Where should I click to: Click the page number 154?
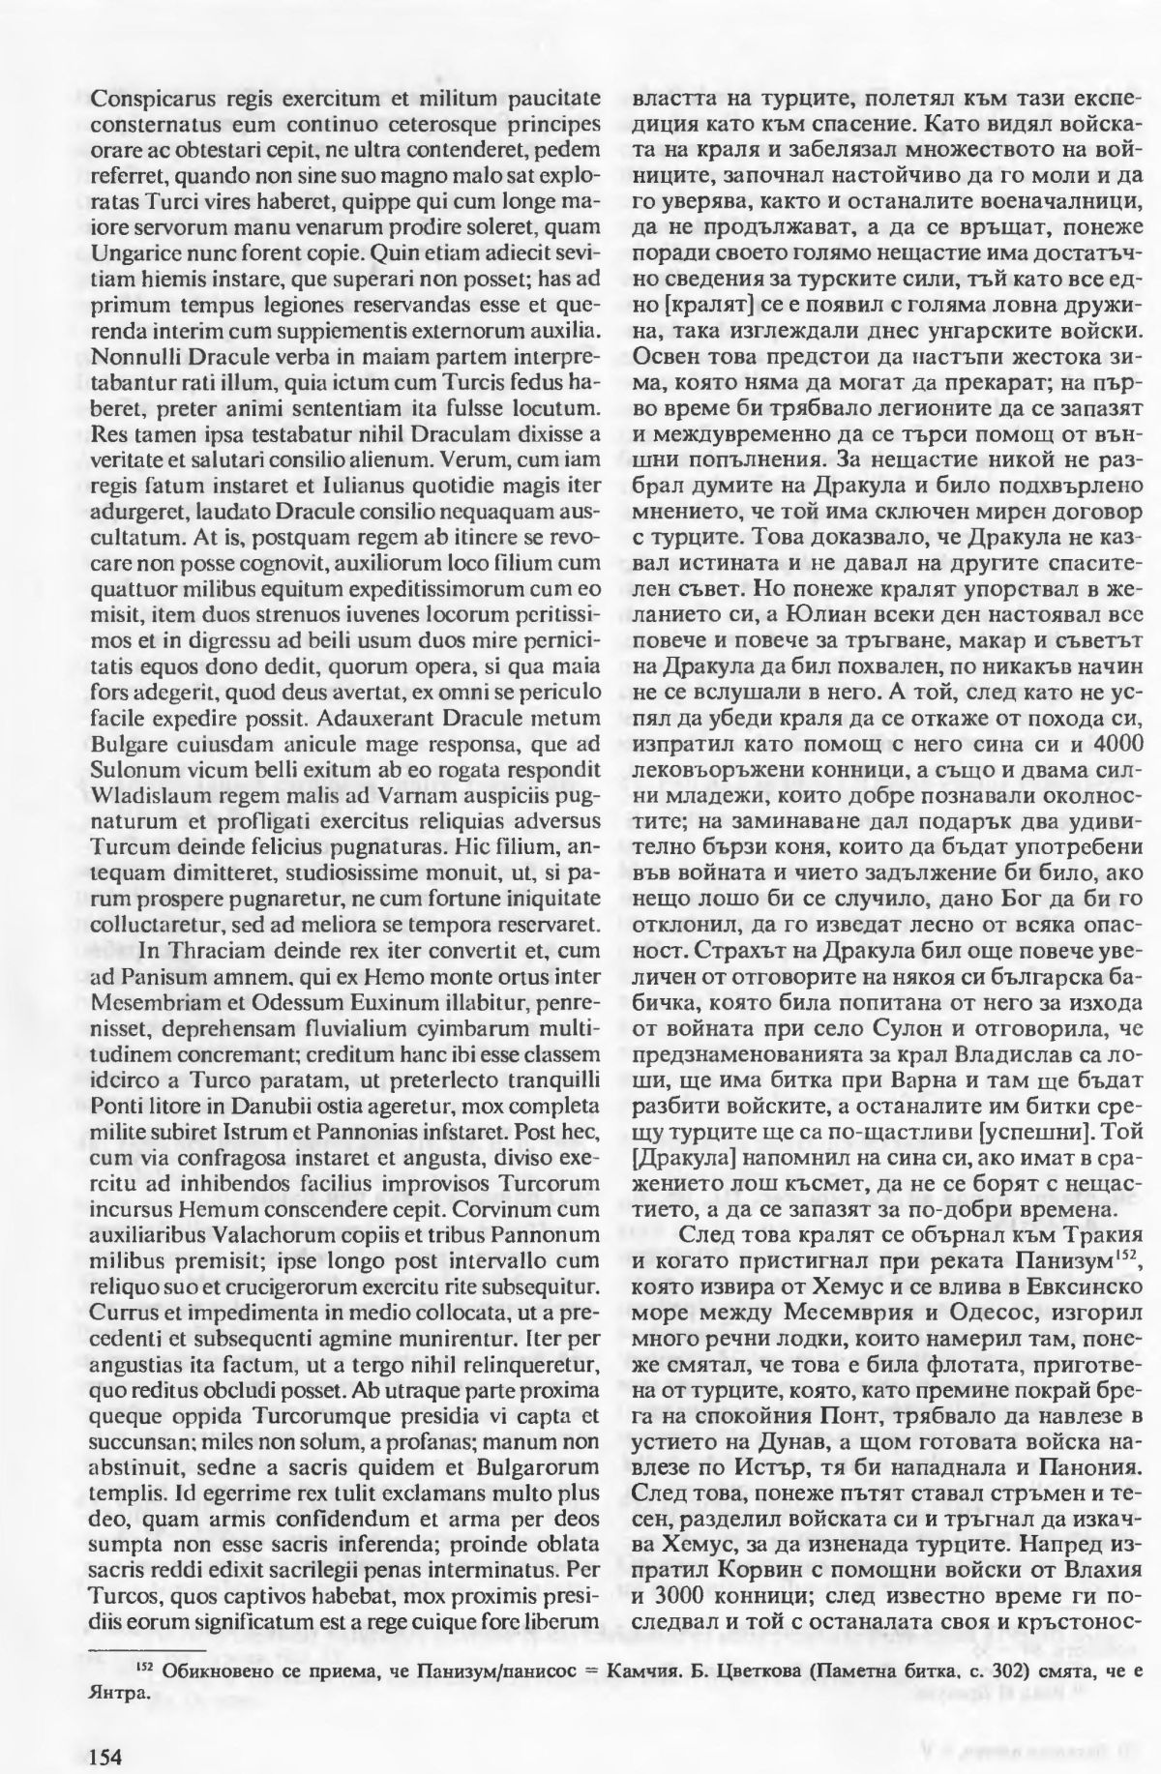tap(104, 1730)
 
